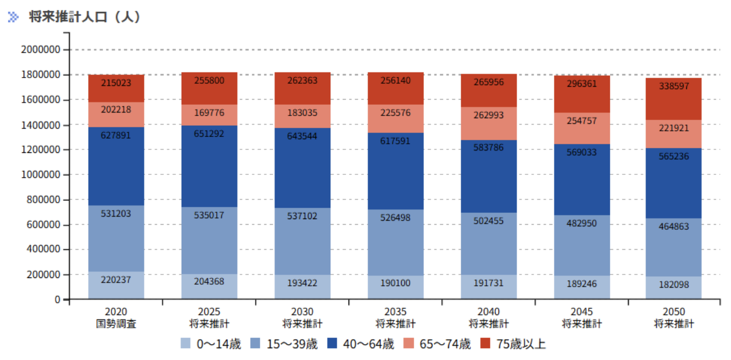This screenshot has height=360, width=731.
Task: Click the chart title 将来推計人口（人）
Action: point(85,16)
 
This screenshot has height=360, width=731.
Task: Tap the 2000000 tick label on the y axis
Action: point(41,50)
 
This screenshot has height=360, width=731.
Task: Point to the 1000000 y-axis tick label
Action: point(41,174)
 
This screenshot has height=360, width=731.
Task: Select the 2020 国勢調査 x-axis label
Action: point(116,318)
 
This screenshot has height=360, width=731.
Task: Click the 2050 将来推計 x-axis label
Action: point(674,318)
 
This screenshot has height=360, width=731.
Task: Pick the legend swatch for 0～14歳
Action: point(186,343)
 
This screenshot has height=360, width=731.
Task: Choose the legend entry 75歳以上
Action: point(513,344)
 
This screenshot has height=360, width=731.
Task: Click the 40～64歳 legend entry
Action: point(360,344)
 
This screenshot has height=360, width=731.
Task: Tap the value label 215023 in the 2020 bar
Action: point(116,83)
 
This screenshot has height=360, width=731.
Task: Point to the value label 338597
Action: point(674,86)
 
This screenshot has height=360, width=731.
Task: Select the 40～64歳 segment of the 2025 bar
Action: point(209,166)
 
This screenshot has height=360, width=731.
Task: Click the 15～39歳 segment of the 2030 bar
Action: point(303,241)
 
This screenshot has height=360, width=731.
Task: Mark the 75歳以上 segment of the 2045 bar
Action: point(582,95)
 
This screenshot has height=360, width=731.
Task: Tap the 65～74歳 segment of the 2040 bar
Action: point(489,124)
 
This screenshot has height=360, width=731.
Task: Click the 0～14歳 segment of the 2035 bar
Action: point(395,287)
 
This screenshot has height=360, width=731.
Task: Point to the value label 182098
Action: point(674,285)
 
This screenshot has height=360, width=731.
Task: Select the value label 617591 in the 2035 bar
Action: point(395,141)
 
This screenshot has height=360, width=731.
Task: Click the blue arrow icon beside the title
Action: point(14,17)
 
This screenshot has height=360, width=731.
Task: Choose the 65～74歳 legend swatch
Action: point(408,343)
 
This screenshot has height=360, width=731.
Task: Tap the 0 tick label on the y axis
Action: point(58,299)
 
